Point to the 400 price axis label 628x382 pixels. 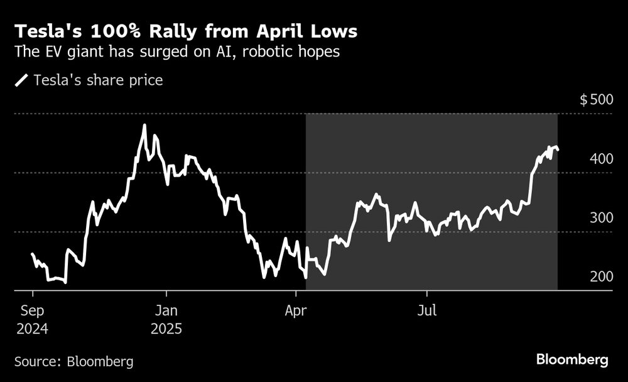[x=601, y=160]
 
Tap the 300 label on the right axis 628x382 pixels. [x=601, y=218]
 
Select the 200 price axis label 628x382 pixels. [x=601, y=277]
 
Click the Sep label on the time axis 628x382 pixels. [x=33, y=310]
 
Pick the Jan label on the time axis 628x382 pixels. [x=166, y=310]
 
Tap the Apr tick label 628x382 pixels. [x=296, y=310]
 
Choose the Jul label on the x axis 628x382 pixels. [x=427, y=310]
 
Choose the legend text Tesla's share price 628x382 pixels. [x=98, y=80]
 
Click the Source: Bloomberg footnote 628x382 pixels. [x=74, y=361]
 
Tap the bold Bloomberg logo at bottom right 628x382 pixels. [x=572, y=360]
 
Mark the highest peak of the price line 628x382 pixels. [x=144, y=125]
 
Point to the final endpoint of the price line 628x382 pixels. [x=558, y=150]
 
